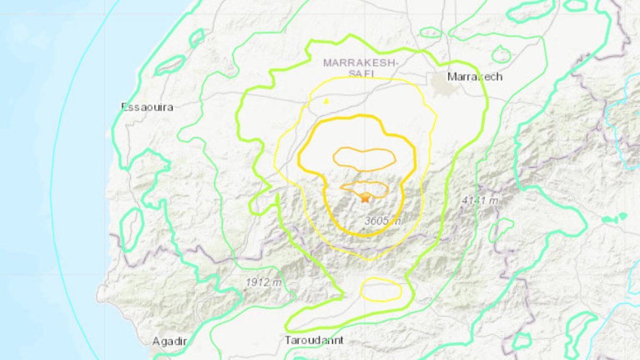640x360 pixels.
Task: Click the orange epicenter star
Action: pyautogui.click(x=365, y=198)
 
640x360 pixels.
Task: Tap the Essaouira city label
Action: pyautogui.click(x=148, y=107)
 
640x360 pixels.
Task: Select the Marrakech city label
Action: pyautogui.click(x=475, y=77)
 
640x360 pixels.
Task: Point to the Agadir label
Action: pyautogui.click(x=170, y=341)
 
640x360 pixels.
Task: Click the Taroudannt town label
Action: pyautogui.click(x=314, y=340)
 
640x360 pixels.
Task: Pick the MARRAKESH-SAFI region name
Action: pyautogui.click(x=361, y=68)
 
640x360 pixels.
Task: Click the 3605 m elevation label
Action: pyautogui.click(x=382, y=221)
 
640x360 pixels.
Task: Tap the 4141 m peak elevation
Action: pyautogui.click(x=479, y=201)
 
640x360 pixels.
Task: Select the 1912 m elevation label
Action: pyautogui.click(x=263, y=283)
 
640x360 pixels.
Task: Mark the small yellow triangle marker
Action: pyautogui.click(x=326, y=100)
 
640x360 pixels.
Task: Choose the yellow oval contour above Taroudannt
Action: pyautogui.click(x=381, y=290)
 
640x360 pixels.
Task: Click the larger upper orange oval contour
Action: pyautogui.click(x=365, y=158)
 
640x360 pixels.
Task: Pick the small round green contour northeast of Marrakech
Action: pyautogui.click(x=501, y=54)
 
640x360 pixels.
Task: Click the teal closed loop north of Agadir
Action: pyautogui.click(x=132, y=229)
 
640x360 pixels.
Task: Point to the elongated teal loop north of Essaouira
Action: pyautogui.click(x=170, y=65)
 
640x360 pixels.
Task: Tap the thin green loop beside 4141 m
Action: pyautogui.click(x=501, y=229)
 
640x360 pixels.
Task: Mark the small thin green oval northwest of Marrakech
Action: pyautogui.click(x=430, y=33)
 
